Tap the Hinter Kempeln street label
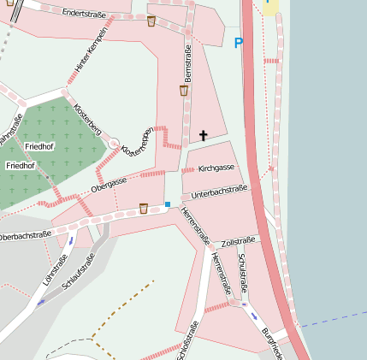coord(92,49)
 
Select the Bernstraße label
coord(188,66)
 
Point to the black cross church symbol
coord(204,135)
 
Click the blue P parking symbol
coord(238,43)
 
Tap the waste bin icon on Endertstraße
coord(151,21)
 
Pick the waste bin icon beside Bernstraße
coord(183,90)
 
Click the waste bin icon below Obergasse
coord(143,208)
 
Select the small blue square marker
coord(168,204)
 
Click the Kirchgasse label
coord(216,168)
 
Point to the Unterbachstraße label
coord(220,192)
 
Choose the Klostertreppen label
coord(138,142)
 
